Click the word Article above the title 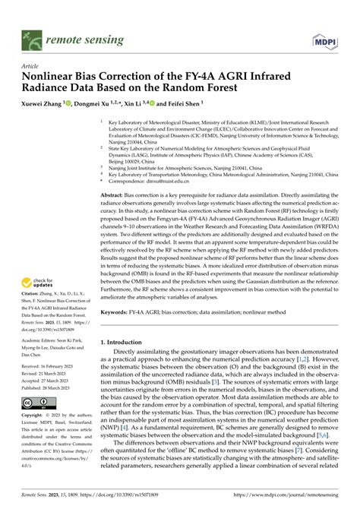coord(33,66)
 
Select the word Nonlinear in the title coord(55,77)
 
